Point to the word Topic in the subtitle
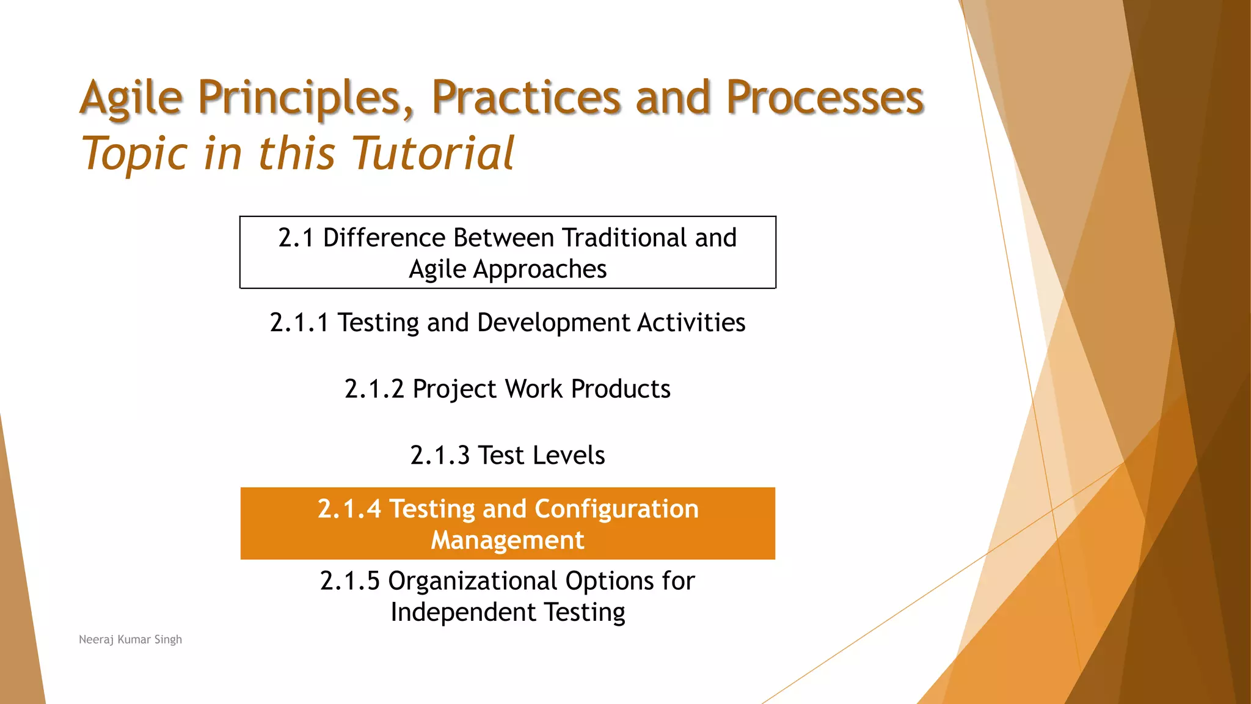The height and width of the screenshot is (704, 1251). coord(134,154)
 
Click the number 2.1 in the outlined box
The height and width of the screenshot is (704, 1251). coord(296,238)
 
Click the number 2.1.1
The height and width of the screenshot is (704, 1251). coord(299,323)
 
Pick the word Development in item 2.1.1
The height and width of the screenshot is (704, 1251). coord(553,323)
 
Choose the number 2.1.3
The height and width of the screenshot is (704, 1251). coord(440,456)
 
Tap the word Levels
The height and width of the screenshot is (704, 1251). coord(568,456)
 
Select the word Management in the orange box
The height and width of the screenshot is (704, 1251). coord(508,540)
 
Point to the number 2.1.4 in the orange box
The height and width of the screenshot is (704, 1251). coord(349,509)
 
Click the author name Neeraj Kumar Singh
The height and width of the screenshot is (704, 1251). coord(130,639)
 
